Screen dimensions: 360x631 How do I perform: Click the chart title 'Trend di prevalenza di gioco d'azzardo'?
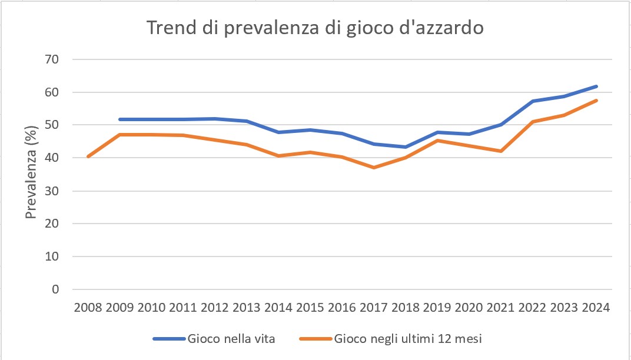(x=315, y=28)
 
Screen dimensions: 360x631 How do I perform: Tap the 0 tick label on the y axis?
(x=55, y=289)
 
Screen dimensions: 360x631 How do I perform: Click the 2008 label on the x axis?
(x=87, y=308)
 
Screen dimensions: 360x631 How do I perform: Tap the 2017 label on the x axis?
(x=374, y=308)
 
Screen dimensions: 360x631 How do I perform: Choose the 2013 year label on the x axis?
(x=246, y=308)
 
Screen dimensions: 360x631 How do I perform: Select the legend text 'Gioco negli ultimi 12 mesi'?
(x=409, y=338)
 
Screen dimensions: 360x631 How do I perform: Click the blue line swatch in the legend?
(x=169, y=338)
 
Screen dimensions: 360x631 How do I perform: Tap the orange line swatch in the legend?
(x=315, y=338)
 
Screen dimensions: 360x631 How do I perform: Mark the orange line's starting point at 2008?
(x=87, y=156)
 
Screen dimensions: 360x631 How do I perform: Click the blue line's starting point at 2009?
(x=119, y=119)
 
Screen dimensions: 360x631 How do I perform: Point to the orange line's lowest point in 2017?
(x=374, y=168)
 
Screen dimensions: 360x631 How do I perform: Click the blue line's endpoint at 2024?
(x=596, y=86)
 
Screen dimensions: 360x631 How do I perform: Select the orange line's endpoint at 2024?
(x=596, y=101)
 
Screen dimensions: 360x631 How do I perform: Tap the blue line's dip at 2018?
(x=406, y=147)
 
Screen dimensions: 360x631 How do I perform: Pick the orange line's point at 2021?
(x=501, y=151)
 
